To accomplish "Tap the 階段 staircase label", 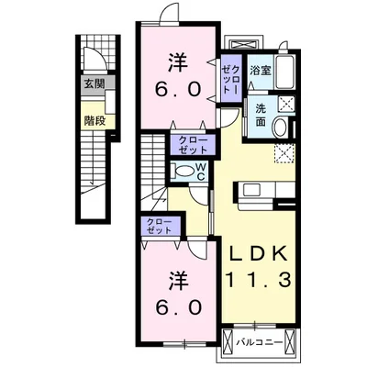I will click(96, 119).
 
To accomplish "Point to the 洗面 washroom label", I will click(261, 114).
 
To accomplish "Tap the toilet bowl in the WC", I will click(183, 170).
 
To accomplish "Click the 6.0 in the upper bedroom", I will click(178, 93).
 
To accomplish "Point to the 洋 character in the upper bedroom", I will click(178, 64).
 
